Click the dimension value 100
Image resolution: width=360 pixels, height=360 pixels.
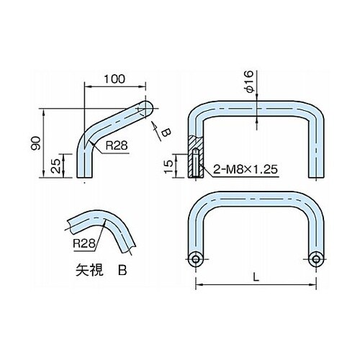[x=114, y=78]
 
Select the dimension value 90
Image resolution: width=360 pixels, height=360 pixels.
[x=36, y=143]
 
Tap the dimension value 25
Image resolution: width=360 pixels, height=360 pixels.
[x=55, y=166]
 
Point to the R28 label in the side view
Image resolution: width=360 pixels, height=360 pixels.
[x=117, y=145]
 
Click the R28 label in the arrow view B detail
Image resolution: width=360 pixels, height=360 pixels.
[x=84, y=244]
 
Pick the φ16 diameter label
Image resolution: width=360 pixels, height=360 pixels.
[x=250, y=81]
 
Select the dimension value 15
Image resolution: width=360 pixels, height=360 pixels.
[x=169, y=166]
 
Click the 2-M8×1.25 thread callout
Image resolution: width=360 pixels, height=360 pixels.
[x=246, y=169]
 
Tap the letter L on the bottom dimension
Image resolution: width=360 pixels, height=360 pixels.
[x=256, y=278]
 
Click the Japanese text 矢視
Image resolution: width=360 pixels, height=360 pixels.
[x=89, y=270]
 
